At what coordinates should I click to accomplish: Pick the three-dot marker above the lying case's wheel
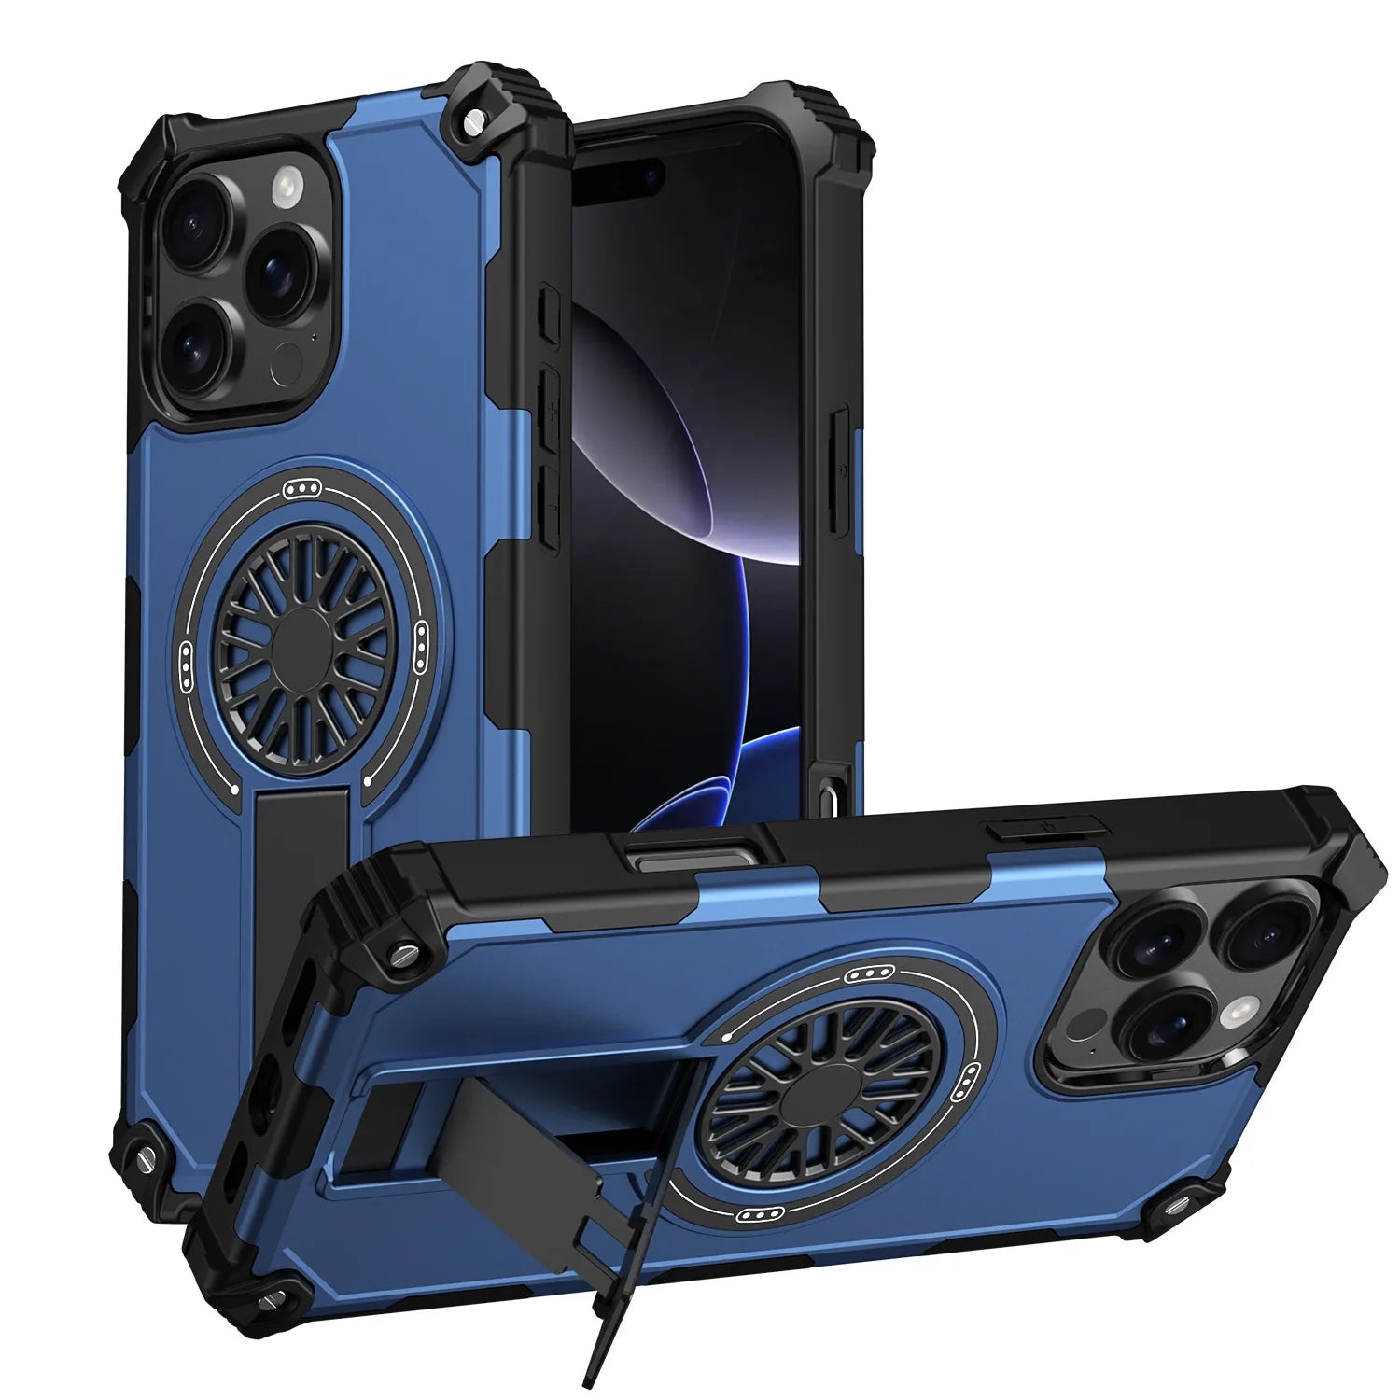[x=864, y=974]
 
